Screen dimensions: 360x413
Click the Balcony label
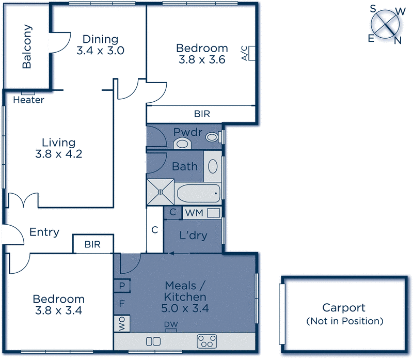coord(27,47)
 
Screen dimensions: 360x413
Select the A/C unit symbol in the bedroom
coord(252,53)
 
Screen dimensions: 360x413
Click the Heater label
coord(28,100)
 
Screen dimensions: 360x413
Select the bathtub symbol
coord(199,194)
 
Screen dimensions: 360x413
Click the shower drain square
coord(161,192)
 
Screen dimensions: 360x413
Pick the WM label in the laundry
coord(194,212)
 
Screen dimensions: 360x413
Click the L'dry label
coord(193,236)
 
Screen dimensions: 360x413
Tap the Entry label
coord(44,232)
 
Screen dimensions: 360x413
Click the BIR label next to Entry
coord(92,244)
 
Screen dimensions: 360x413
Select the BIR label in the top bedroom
coord(202,114)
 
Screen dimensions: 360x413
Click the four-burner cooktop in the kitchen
coord(208,341)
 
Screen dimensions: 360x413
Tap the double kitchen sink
coord(153,341)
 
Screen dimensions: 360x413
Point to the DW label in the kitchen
coord(171,324)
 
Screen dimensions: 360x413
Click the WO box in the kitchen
coord(122,323)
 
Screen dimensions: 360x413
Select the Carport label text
coord(344,308)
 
